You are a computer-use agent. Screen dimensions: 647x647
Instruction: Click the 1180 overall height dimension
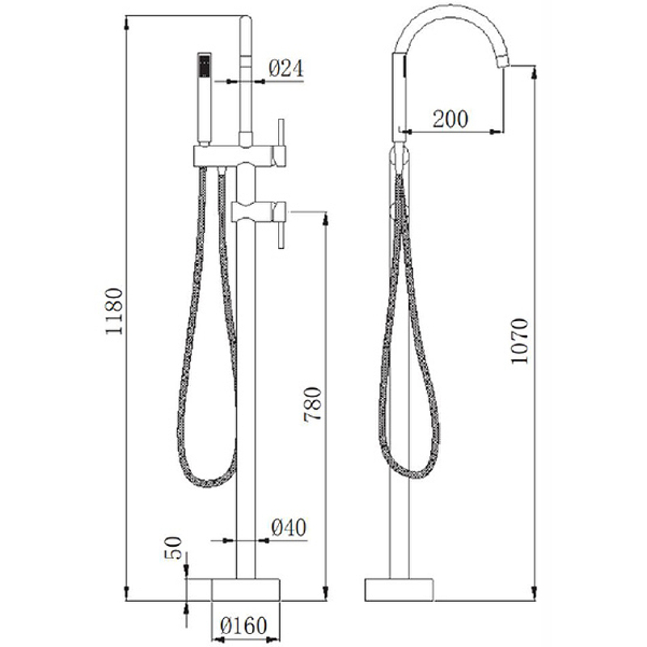[x=114, y=311]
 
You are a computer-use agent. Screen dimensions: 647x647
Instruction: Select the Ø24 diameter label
[x=286, y=68]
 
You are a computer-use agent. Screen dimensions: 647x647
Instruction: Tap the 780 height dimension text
[x=312, y=404]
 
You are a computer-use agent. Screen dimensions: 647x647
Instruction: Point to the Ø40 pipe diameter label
[x=289, y=527]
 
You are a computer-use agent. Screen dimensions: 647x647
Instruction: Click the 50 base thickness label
[x=173, y=548]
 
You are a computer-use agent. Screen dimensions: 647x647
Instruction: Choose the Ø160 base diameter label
[x=244, y=625]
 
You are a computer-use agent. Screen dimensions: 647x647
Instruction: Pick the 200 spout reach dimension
[x=450, y=119]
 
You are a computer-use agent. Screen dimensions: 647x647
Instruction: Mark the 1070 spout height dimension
[x=519, y=340]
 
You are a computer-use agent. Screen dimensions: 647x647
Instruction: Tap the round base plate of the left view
[x=246, y=590]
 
